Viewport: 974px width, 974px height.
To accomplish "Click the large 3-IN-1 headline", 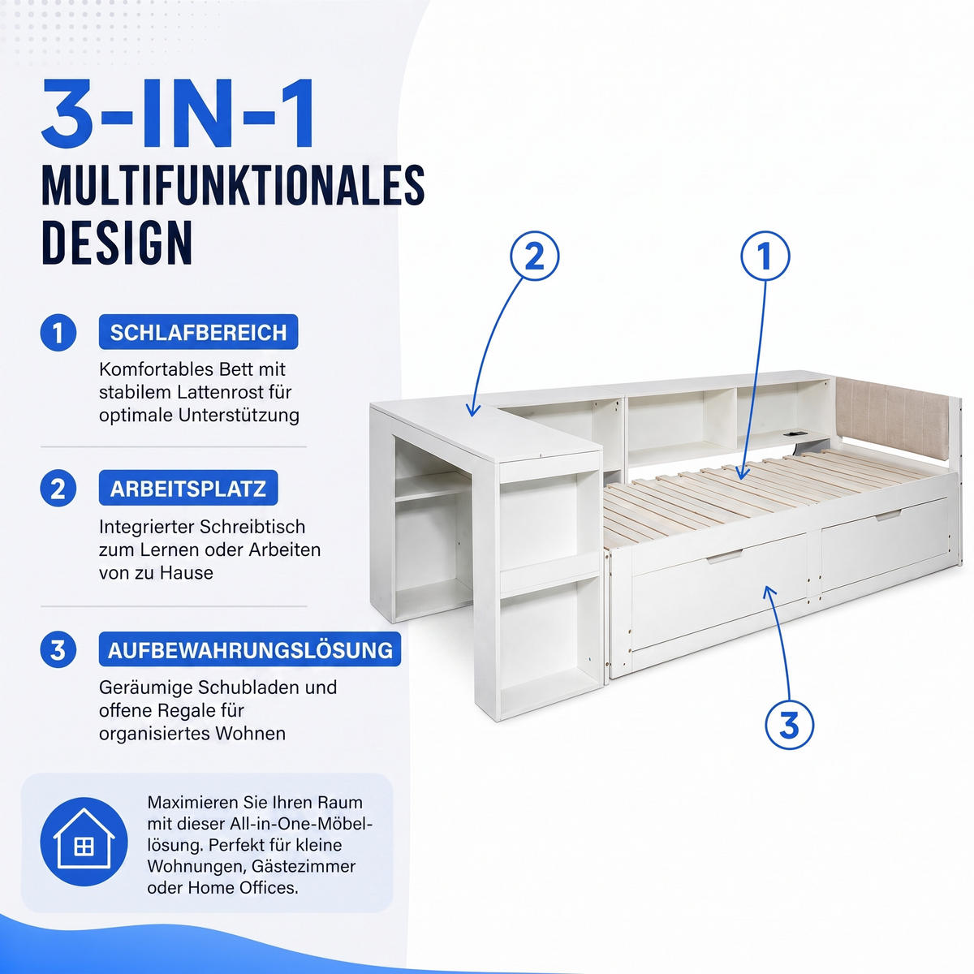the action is coord(179,112).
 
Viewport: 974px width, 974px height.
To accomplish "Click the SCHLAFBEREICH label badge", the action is coord(198,332).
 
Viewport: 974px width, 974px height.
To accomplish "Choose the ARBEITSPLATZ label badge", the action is coord(188,489).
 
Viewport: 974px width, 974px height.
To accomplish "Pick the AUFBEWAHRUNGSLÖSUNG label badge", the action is coord(250,649).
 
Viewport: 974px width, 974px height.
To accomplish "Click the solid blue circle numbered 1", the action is coord(58,333).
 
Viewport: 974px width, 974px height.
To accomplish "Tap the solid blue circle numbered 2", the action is coord(58,489).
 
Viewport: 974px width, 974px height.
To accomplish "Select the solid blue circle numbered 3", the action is coord(58,650).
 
